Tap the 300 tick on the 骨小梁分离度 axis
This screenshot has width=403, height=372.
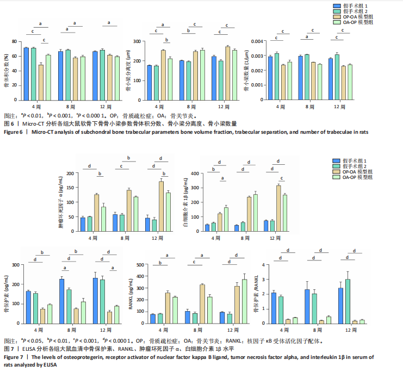coord(139,41)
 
